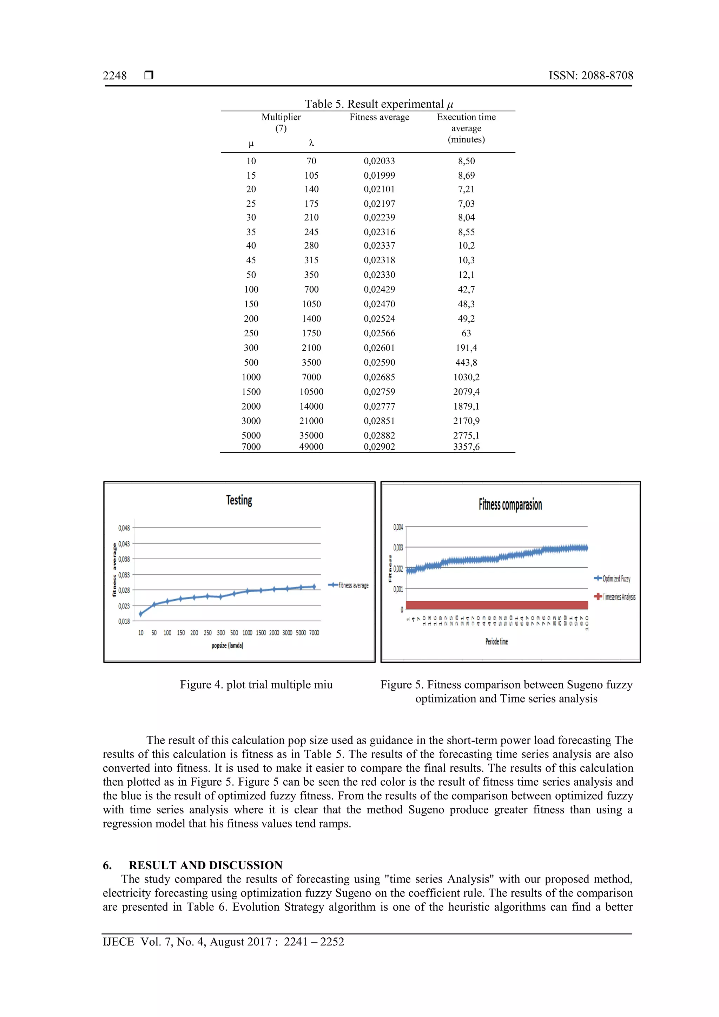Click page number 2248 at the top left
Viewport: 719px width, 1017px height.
[115, 76]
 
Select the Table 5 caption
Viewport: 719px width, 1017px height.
[379, 104]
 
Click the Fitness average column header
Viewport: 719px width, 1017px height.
[379, 117]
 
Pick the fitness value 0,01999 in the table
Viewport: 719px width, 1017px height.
[379, 176]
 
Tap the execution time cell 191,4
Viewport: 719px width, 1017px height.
[466, 348]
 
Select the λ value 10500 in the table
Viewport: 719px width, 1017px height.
[311, 391]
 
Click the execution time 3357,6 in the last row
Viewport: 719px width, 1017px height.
[466, 447]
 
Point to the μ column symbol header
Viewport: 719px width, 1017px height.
[251, 144]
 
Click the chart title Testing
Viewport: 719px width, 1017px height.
[239, 501]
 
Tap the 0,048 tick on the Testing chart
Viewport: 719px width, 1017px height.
[124, 528]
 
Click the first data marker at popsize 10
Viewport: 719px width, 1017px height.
[141, 614]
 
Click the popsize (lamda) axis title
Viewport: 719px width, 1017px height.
[227, 645]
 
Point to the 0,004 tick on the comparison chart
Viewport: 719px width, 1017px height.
[398, 527]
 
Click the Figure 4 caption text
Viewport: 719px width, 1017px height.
[256, 685]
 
